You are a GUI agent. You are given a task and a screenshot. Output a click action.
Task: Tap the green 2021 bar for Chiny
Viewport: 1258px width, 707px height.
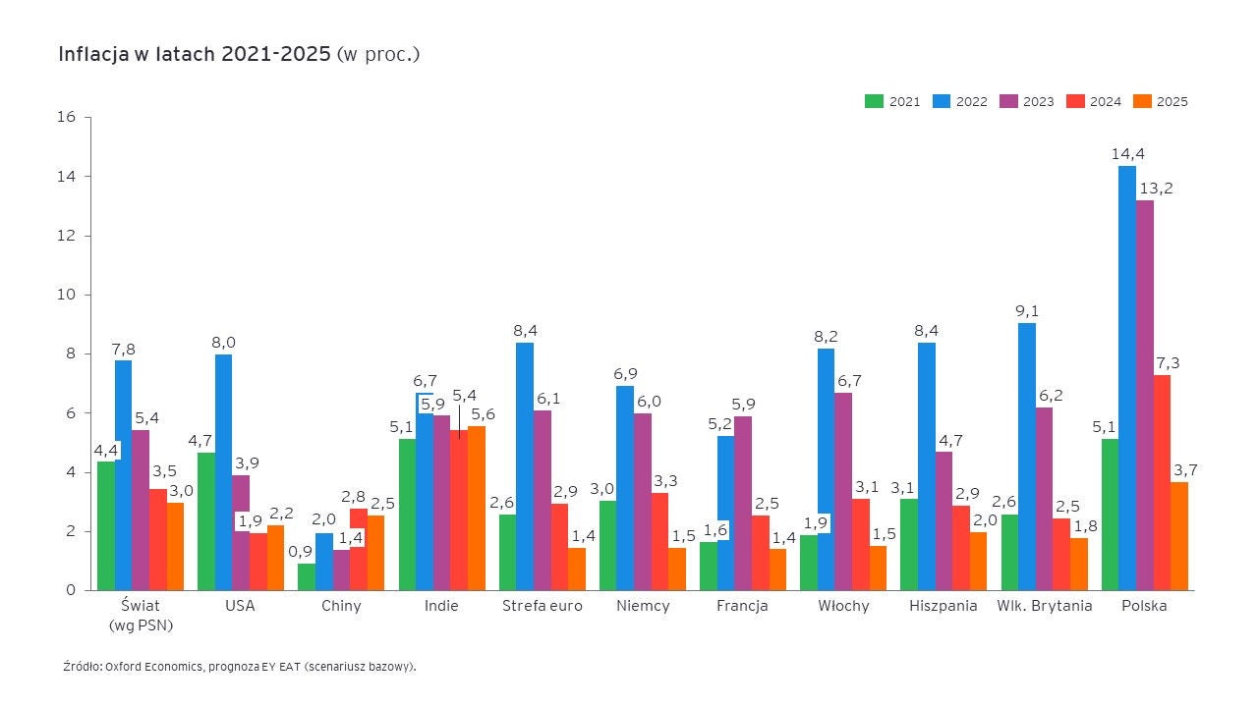[307, 577]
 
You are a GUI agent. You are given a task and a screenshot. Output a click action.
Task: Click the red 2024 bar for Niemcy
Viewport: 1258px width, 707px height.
[660, 541]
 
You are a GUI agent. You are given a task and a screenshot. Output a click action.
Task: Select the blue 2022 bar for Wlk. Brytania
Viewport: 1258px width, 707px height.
[1026, 457]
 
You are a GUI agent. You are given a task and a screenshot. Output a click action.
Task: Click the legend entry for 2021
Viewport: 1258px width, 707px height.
[893, 101]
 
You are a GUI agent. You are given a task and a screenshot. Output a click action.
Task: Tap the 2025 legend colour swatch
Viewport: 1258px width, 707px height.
[1142, 101]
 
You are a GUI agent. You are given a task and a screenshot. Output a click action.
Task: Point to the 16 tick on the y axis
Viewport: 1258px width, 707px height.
[67, 117]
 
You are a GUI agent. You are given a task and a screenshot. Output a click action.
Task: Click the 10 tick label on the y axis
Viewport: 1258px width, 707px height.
[67, 295]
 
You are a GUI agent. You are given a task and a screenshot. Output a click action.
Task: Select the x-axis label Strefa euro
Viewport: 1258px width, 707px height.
[542, 606]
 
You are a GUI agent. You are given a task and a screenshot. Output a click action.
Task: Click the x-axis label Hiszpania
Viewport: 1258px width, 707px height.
[943, 606]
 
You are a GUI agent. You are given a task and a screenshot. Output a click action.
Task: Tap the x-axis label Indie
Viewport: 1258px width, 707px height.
[441, 606]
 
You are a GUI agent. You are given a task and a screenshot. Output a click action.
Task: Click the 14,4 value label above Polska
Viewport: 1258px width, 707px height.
[1127, 154]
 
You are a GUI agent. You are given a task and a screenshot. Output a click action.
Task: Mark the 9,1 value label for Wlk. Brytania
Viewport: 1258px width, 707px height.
[1026, 311]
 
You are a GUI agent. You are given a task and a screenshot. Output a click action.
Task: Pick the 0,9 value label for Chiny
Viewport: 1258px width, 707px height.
[301, 551]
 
